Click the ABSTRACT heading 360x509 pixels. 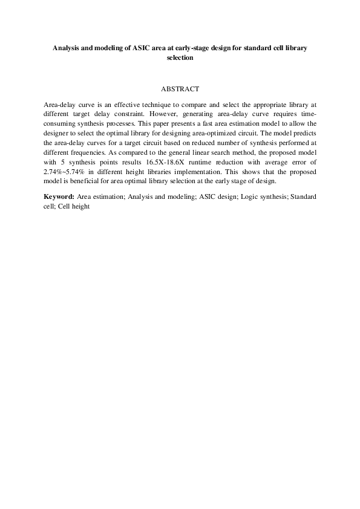coord(180,89)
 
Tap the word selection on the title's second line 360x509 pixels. coord(180,58)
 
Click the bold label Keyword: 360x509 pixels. coord(59,197)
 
